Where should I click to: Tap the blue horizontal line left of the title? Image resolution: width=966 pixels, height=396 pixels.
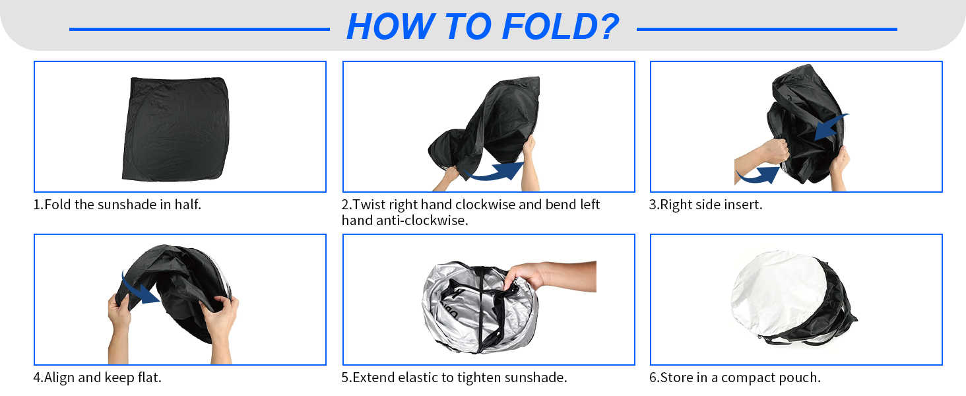[199, 29]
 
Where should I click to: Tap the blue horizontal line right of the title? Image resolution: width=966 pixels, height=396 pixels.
[767, 29]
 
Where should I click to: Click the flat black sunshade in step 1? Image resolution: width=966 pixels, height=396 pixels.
[176, 129]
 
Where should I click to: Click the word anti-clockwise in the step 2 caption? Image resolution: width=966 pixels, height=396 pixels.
[422, 220]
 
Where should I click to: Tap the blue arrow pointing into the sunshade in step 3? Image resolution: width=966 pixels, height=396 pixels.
[831, 127]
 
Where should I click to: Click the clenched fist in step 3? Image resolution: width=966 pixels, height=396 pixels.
[776, 151]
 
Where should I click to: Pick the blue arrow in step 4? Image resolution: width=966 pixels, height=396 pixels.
[139, 290]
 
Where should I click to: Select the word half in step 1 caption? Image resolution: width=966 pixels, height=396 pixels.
[187, 204]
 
